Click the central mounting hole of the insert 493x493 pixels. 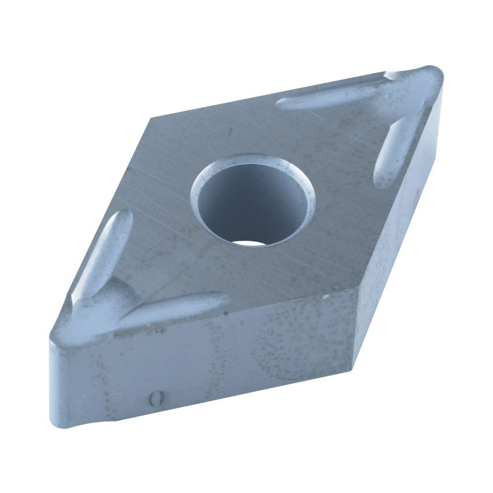pyautogui.click(x=252, y=202)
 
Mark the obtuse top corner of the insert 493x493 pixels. pyautogui.click(x=151, y=118)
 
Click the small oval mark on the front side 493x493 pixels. pyautogui.click(x=153, y=398)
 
